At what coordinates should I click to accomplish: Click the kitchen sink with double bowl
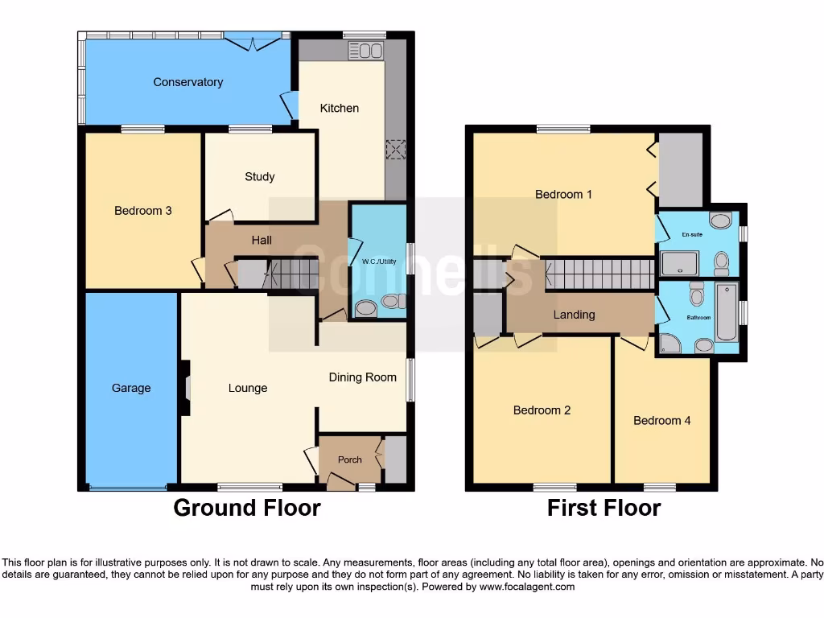(365, 51)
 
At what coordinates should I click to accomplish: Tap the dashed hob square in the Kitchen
(396, 150)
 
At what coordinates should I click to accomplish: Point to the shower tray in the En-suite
(679, 263)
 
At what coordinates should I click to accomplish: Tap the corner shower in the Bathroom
(669, 344)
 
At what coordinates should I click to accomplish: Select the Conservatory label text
(187, 82)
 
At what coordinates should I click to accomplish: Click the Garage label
(131, 388)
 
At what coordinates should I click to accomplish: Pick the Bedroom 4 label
(661, 420)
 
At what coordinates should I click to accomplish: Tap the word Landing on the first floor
(574, 315)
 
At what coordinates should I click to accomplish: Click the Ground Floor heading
(247, 509)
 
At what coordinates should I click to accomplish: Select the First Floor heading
(604, 509)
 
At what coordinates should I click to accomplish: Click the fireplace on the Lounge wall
(186, 388)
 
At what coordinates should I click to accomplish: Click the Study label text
(260, 176)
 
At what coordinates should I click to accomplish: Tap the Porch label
(349, 459)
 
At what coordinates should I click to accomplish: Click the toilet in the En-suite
(722, 262)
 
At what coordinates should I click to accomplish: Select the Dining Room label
(362, 377)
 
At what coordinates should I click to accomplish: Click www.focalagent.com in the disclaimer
(527, 587)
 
